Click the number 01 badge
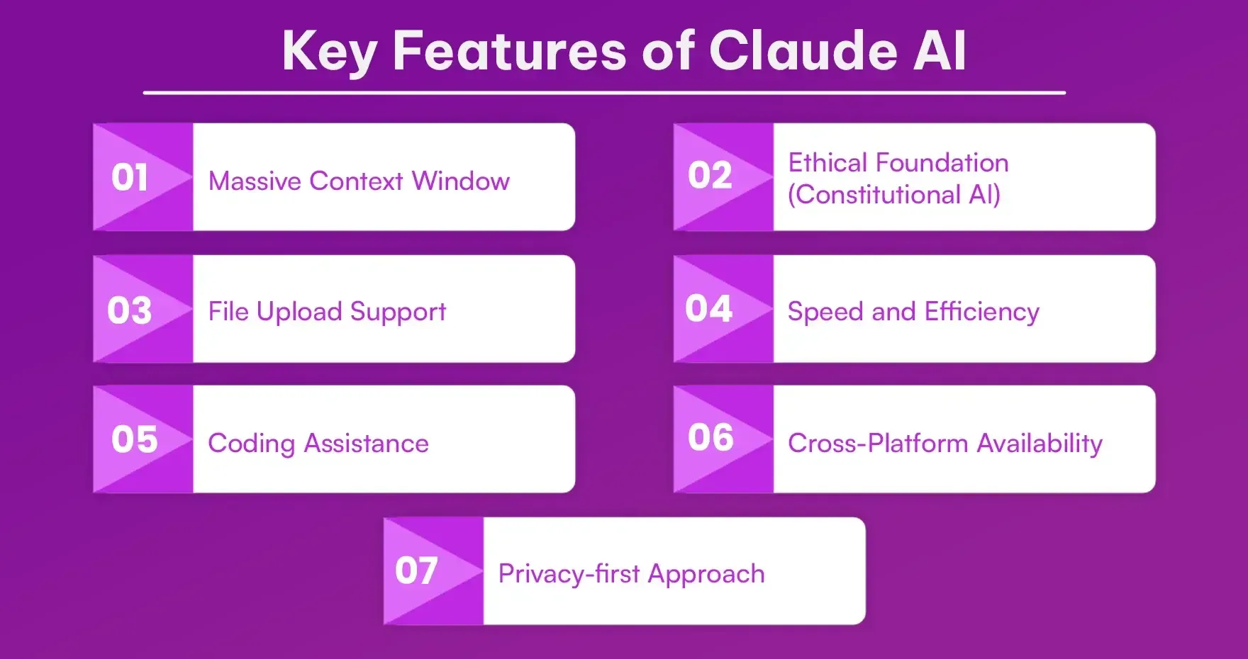point(130,177)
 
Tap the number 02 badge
point(710,176)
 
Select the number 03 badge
point(130,310)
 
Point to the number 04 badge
point(708,308)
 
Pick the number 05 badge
point(134,439)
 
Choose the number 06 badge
point(711,437)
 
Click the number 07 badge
point(416,570)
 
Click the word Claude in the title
point(803,51)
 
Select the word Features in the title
point(509,51)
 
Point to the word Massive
point(255,181)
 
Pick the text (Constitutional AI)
point(893,195)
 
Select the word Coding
point(251,444)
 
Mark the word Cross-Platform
point(878,444)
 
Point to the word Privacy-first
point(569,574)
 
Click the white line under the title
point(604,93)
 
